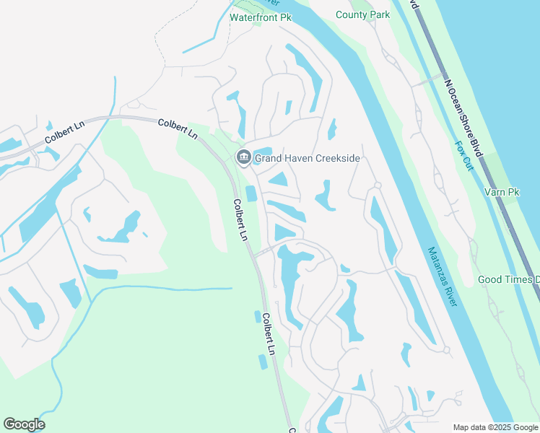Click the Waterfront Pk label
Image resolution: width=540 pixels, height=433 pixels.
(x=260, y=17)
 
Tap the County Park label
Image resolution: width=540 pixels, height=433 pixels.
(x=362, y=14)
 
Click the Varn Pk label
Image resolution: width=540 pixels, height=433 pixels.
(x=503, y=192)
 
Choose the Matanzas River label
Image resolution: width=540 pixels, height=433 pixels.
(x=443, y=276)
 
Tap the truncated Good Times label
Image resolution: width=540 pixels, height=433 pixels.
(x=508, y=279)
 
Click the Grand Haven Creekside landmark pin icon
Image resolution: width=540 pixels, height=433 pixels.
(x=243, y=157)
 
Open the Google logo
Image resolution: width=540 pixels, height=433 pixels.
(x=24, y=424)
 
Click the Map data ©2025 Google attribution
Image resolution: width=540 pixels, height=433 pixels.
(x=495, y=427)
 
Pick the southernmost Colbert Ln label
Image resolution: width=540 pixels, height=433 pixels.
(x=269, y=334)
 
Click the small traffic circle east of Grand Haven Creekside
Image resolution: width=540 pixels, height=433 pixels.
(x=377, y=185)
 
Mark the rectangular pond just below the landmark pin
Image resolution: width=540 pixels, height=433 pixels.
(x=251, y=193)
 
